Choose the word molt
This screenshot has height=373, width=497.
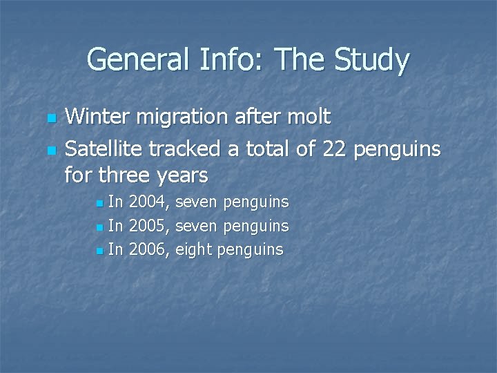[309, 117]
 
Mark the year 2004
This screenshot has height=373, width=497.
[150, 203]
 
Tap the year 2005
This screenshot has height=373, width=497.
[150, 226]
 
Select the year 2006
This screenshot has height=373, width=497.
[150, 249]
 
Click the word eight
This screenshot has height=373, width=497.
[194, 250]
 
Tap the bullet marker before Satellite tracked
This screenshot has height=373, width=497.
[49, 149]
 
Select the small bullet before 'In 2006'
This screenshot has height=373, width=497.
[101, 251]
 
